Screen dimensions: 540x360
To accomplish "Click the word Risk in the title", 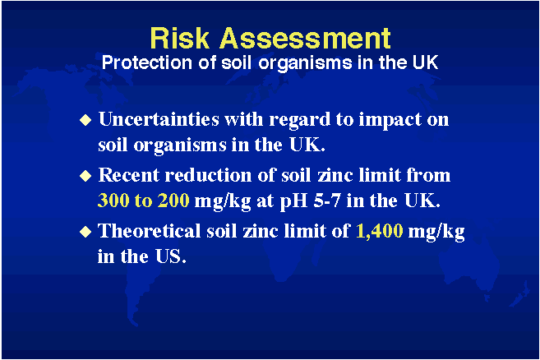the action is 180,38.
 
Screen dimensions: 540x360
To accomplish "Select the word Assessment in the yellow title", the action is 305,38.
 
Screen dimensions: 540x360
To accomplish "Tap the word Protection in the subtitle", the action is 146,62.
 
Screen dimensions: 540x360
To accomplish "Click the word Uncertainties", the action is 159,119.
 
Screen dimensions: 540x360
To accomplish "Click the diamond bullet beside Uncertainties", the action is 85,120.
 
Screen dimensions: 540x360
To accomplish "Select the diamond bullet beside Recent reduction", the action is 85,176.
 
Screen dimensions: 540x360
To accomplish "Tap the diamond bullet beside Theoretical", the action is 85,232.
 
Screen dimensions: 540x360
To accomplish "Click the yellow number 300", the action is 113,201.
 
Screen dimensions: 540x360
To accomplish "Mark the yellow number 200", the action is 173,201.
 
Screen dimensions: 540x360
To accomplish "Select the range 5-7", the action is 327,201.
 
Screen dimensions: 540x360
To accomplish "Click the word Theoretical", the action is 150,231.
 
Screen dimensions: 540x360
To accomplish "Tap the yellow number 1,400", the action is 379,232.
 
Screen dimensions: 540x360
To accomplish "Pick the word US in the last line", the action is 170,256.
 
